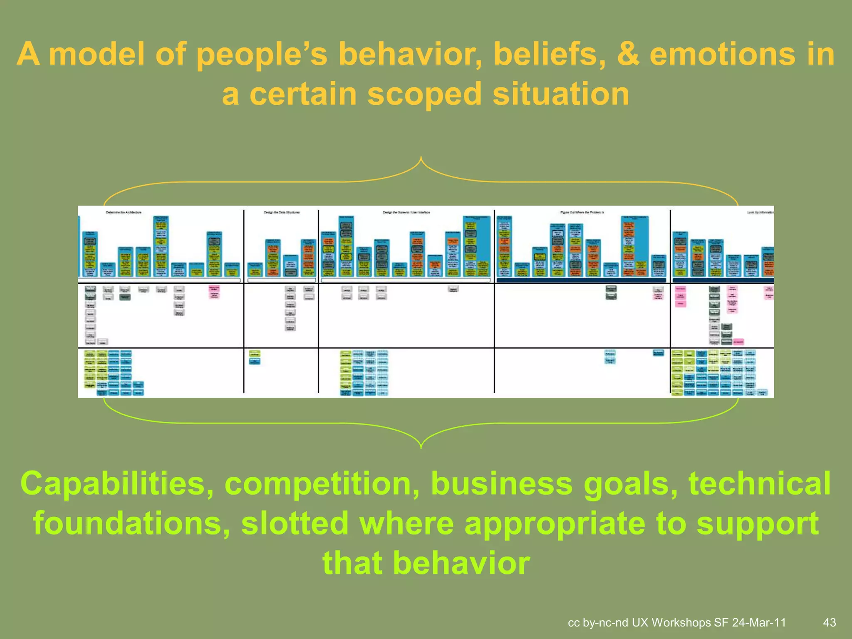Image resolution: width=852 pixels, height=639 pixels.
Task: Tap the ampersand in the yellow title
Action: pyautogui.click(x=628, y=54)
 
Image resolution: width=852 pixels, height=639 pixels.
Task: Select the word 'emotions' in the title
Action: pyautogui.click(x=722, y=54)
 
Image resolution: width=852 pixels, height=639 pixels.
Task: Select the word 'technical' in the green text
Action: pyautogui.click(x=759, y=484)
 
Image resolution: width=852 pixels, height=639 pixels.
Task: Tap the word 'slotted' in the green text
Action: pyautogui.click(x=295, y=523)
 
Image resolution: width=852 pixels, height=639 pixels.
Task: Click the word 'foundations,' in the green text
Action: pyautogui.click(x=131, y=523)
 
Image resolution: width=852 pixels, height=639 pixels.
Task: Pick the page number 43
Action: pyautogui.click(x=830, y=622)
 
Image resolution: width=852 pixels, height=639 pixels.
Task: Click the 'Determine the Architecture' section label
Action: pyautogui.click(x=124, y=212)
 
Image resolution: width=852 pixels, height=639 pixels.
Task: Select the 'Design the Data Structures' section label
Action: pyautogui.click(x=282, y=212)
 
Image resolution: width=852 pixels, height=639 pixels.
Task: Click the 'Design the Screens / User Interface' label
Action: pyautogui.click(x=406, y=212)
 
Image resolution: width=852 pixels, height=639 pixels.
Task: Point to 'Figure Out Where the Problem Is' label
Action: pyautogui.click(x=582, y=212)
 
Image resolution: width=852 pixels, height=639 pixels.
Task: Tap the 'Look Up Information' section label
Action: pyautogui.click(x=760, y=212)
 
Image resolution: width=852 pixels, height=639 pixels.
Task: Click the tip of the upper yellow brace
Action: pyautogui.click(x=421, y=158)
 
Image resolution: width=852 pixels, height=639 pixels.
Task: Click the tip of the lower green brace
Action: pyautogui.click(x=421, y=448)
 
